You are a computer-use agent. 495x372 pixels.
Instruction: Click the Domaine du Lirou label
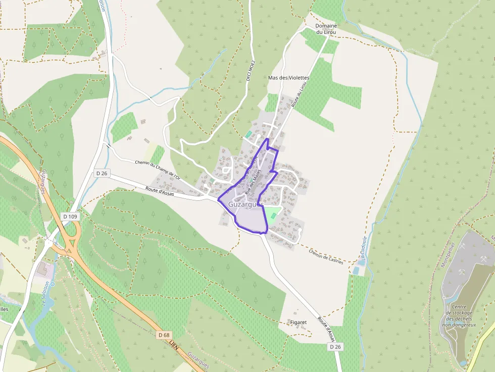pos(326,29)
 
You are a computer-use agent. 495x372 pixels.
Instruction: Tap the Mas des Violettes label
pos(288,78)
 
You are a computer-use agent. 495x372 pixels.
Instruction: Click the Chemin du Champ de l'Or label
pos(158,170)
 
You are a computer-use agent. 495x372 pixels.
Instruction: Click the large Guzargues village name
pos(246,204)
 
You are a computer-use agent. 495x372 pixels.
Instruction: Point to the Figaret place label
pos(299,322)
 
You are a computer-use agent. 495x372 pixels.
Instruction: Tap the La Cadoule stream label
pos(364,247)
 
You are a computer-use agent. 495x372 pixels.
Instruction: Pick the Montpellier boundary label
pos(449,254)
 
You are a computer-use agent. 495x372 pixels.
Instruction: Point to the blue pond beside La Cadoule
pos(357,271)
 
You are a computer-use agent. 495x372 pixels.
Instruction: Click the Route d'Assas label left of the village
pos(159,192)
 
